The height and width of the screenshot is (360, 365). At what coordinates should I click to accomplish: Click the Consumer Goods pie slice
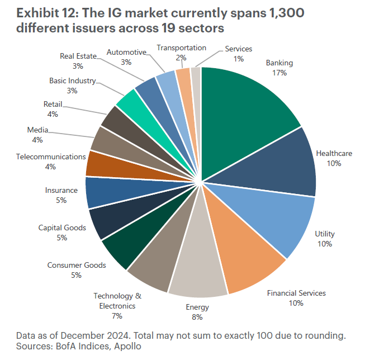[120, 249]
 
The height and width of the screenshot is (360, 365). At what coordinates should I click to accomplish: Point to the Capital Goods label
[62, 228]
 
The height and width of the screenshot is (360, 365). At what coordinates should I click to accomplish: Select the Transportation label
[181, 48]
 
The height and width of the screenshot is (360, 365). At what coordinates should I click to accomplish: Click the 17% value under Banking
[279, 73]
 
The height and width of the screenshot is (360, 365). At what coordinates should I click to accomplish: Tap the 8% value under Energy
[197, 317]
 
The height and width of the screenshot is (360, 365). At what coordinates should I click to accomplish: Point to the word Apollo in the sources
[129, 347]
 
